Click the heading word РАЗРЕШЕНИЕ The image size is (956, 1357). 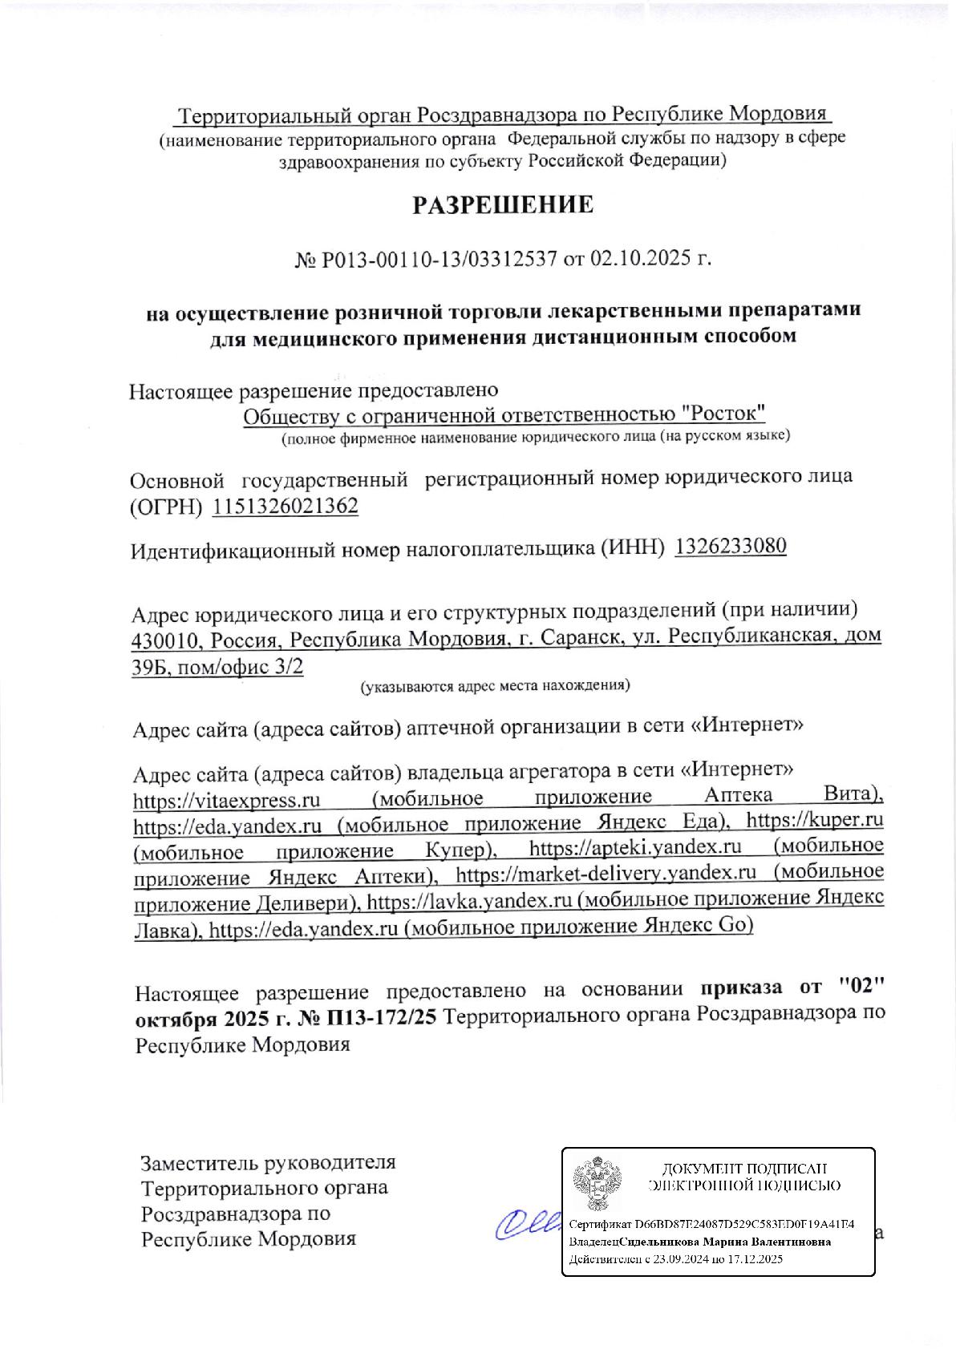(503, 205)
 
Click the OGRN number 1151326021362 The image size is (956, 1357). (286, 507)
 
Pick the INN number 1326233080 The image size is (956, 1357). (731, 547)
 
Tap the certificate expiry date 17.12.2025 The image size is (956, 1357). (753, 1259)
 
